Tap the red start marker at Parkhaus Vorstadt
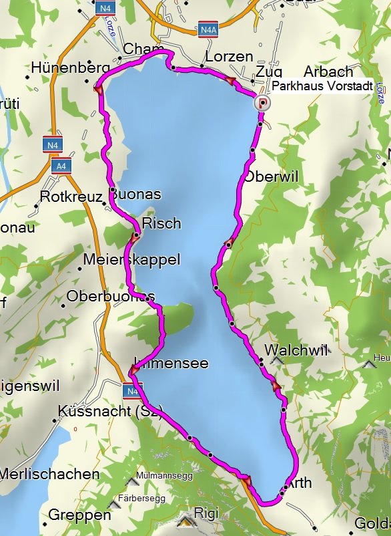264,102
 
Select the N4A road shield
208,30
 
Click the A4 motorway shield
61,165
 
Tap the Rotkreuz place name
70,196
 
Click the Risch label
161,223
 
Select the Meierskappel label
132,260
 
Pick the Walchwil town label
296,350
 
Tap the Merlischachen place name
49,474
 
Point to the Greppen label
79,515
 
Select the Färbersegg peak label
150,497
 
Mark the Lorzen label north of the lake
230,56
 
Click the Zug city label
268,72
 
